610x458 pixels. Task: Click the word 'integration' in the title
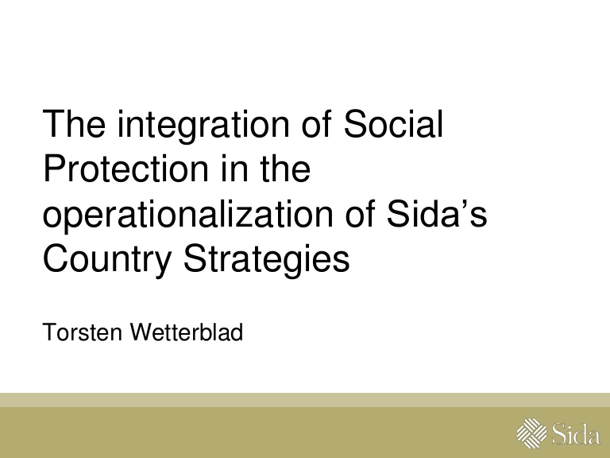[203, 126]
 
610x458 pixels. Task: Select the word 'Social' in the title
[393, 124]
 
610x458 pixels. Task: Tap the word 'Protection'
[126, 169]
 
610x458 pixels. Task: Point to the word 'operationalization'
[188, 215]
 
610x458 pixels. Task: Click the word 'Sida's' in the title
[437, 214]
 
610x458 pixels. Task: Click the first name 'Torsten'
[82, 332]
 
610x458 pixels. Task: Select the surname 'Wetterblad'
[187, 332]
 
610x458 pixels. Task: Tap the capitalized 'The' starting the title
[74, 124]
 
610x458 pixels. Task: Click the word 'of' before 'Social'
[317, 124]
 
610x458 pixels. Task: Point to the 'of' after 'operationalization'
[361, 214]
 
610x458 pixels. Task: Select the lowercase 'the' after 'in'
[285, 169]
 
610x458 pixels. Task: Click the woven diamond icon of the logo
[532, 433]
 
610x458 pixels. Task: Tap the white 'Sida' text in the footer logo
[576, 433]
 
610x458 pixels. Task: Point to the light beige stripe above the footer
[305, 400]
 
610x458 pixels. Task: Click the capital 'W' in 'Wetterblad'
[142, 332]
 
